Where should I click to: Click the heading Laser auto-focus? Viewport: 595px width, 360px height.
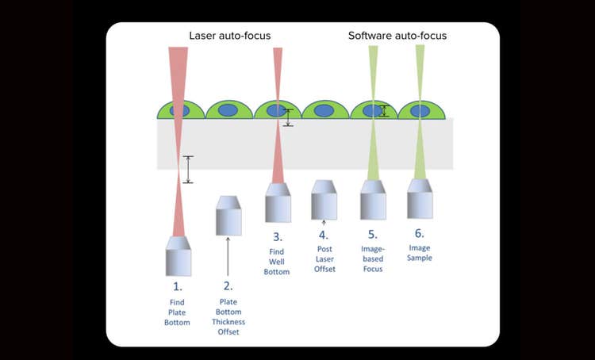tap(229, 36)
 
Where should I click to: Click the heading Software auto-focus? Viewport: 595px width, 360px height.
tap(397, 36)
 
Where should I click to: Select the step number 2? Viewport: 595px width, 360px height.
tap(228, 285)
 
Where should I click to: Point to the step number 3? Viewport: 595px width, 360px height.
tap(277, 236)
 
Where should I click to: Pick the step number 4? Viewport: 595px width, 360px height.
tap(324, 235)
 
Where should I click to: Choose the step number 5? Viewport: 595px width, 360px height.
tap(372, 235)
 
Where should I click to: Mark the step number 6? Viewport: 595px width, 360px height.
tap(420, 233)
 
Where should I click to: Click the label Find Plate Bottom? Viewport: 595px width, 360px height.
tap(178, 312)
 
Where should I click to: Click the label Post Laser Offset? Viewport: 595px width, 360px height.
tap(324, 259)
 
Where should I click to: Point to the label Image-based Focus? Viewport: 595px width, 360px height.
tap(372, 259)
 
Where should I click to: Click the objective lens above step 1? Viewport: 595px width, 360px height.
tap(178, 255)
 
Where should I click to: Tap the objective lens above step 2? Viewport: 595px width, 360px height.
tap(228, 215)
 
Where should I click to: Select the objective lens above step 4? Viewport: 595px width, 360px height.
tap(324, 200)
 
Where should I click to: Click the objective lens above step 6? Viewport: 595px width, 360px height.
tap(420, 198)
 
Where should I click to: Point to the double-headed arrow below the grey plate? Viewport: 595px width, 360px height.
tap(187, 169)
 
